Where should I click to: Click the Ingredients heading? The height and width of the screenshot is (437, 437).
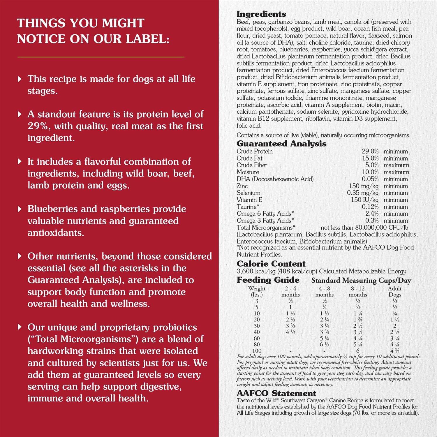[x=261, y=14]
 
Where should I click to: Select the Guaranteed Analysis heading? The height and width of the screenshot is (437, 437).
[x=281, y=144]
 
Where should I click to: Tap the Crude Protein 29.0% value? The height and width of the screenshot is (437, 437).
[x=370, y=151]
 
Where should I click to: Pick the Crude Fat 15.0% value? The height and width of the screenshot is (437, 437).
[x=370, y=158]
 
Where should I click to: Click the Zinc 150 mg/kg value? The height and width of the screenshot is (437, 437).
[x=364, y=186]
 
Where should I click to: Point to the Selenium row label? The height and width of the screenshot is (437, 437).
[x=249, y=193]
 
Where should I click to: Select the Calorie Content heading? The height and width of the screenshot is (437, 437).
[x=271, y=264]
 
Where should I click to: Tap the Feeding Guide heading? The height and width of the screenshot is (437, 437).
[x=268, y=280]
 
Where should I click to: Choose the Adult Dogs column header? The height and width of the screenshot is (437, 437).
[x=395, y=291]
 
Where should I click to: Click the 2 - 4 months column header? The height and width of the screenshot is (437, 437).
[x=290, y=291]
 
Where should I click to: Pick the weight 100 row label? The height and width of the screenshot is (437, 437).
[x=257, y=351]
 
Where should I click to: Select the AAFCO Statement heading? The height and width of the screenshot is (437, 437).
[x=276, y=393]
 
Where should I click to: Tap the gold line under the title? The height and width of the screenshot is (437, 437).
[x=101, y=57]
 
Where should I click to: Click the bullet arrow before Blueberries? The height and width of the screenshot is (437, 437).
[x=20, y=209]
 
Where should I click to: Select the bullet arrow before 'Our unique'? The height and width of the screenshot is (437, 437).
[x=20, y=327]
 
